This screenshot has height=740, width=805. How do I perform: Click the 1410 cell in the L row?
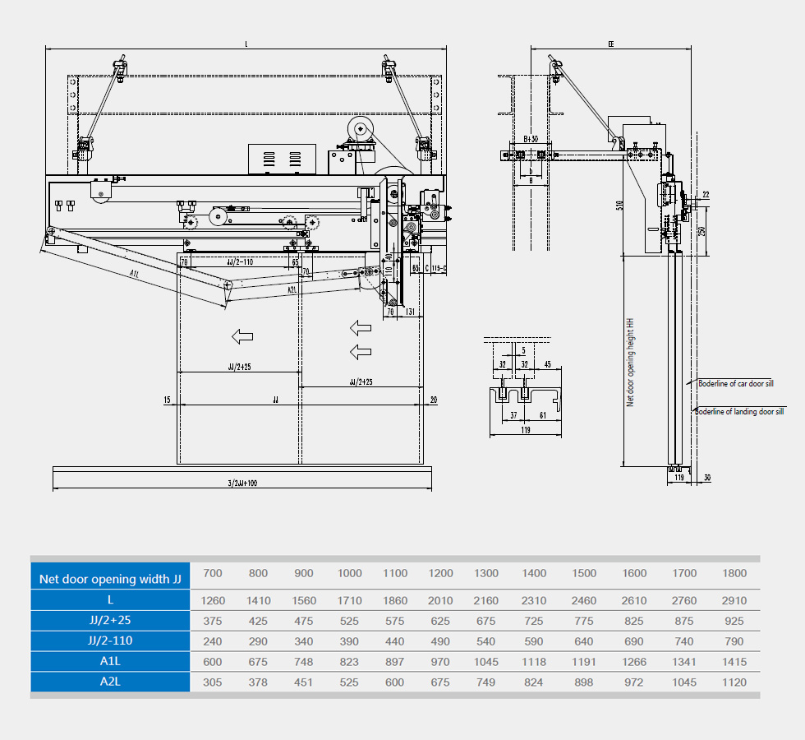pos(259,601)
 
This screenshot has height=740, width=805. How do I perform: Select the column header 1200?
pos(441,573)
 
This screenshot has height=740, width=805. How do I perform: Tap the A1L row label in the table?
pos(110,662)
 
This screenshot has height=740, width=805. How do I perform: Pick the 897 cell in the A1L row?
pos(395,662)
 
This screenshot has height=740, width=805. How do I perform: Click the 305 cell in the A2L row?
pos(213,682)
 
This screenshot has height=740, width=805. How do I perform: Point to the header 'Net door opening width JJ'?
pos(110,579)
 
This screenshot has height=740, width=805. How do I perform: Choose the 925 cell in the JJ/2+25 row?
pos(734,622)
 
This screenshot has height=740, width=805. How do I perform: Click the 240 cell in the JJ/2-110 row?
pos(213,641)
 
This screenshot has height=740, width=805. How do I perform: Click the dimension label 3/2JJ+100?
pos(241,483)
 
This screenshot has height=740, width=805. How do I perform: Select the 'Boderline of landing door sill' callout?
pos(740,411)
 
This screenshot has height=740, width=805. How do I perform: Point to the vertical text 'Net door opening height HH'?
pos(631,362)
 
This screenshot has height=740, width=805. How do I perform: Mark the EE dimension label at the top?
pos(611,44)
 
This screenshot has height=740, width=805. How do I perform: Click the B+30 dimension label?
pos(531,140)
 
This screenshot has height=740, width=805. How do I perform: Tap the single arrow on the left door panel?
pos(241,335)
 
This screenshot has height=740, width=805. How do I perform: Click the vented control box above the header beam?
pos(282,159)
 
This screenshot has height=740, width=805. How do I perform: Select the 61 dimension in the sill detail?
pos(543,416)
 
